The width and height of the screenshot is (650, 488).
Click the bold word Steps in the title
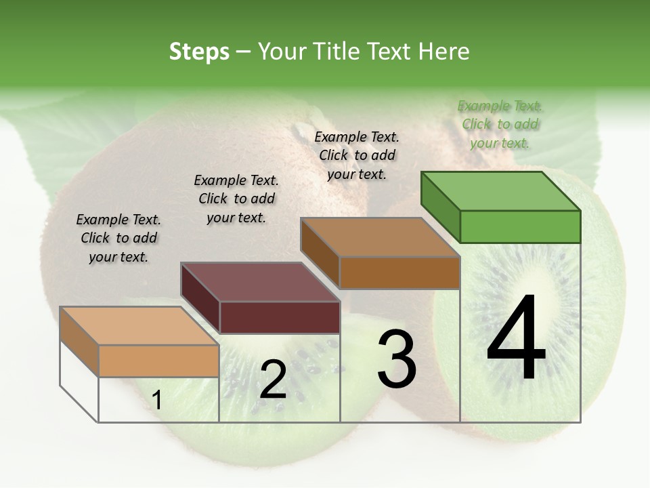[199, 52]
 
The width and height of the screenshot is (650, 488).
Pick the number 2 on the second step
[273, 380]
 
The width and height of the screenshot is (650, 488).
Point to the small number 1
[157, 401]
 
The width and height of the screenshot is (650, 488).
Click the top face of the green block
[501, 191]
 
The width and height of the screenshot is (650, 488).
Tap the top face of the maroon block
[260, 282]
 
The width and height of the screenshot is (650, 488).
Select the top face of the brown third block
[381, 237]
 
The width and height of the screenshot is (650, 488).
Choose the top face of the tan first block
[139, 326]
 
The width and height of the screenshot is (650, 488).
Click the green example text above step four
[500, 124]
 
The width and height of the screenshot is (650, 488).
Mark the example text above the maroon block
[236, 199]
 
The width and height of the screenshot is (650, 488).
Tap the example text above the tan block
[118, 238]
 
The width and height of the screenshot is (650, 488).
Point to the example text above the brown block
[357, 155]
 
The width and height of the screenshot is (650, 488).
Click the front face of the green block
[520, 226]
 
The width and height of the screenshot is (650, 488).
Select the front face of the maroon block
[280, 317]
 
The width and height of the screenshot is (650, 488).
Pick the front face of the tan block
[158, 361]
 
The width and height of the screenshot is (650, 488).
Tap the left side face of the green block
[440, 206]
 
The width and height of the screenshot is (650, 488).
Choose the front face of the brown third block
[399, 272]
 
